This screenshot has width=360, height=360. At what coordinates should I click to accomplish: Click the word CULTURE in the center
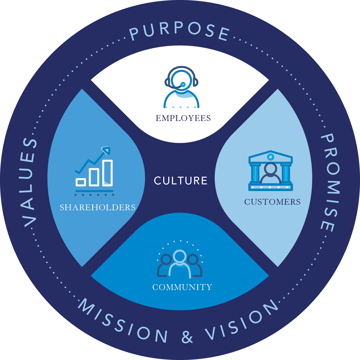point(181,181)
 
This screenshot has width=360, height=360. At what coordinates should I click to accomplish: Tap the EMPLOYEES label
point(183,118)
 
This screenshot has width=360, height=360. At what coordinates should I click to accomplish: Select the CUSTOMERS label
point(272,202)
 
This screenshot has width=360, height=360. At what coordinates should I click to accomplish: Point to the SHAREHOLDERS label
point(97,208)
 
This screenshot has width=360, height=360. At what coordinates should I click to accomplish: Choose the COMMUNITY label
point(182,287)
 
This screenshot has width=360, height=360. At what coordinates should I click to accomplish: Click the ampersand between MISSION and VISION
point(187,337)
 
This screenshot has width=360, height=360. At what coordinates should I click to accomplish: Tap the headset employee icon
point(181,87)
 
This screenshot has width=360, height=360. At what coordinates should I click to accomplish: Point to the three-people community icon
point(180,263)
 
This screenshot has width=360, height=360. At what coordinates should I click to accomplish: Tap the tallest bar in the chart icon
point(108,173)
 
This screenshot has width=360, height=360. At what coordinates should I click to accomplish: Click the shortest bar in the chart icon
point(81,182)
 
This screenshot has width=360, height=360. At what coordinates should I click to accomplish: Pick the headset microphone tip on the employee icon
point(183,85)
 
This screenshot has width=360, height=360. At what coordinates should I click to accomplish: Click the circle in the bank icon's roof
point(270,157)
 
